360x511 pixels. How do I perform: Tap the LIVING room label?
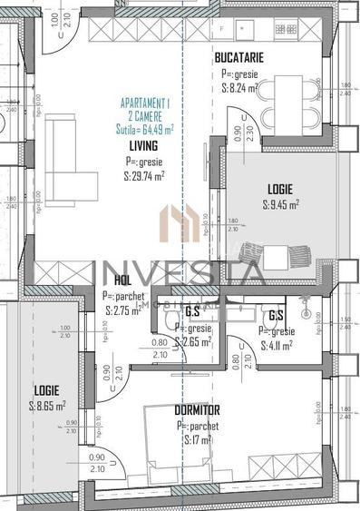[x=143, y=145]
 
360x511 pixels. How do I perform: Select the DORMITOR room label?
[x=197, y=410]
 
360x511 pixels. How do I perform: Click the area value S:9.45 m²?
[x=280, y=204]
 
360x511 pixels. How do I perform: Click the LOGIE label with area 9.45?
[x=279, y=189]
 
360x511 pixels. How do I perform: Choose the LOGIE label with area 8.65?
[x=47, y=390]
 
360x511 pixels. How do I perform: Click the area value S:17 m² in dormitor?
[x=198, y=440]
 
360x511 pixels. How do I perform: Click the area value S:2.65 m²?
[x=196, y=342]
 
